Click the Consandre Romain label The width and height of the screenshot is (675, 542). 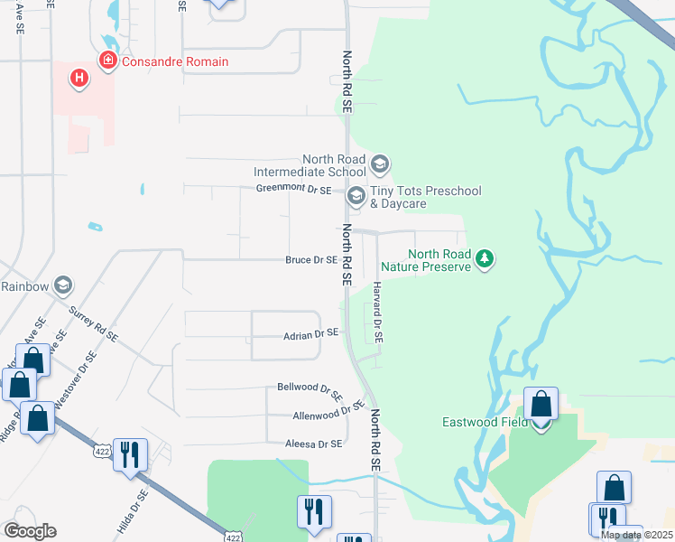pos(174,61)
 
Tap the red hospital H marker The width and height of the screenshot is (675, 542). pos(79,79)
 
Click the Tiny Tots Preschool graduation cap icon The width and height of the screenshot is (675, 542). pos(356,195)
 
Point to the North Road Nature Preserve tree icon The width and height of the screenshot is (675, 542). pos(485,260)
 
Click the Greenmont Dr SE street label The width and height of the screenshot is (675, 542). pos(294,190)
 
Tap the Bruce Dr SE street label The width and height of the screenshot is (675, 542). pos(311,260)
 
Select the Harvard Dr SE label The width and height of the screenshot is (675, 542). pos(377,311)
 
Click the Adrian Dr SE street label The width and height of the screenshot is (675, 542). pos(310,333)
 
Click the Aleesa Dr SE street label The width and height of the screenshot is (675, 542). pos(314,444)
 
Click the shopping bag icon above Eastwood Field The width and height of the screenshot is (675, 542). pos(541,403)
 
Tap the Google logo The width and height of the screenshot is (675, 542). pos(29,531)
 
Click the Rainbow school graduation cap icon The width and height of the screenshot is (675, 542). pos(63,285)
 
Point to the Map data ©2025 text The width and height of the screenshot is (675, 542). pos(636,535)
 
